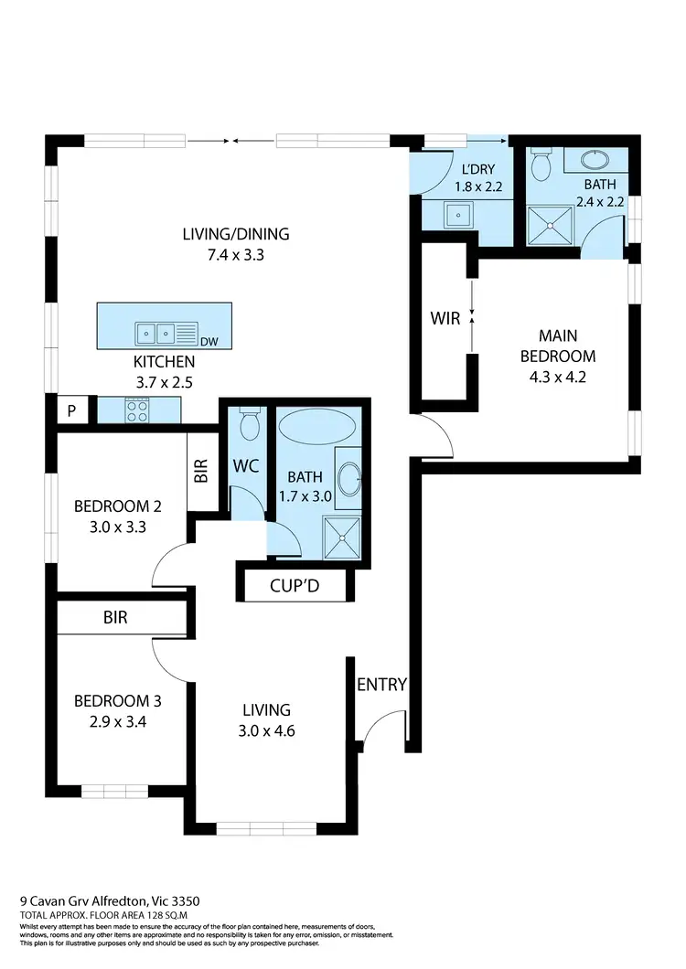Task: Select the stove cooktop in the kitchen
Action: tap(137, 411)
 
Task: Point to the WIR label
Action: tap(445, 319)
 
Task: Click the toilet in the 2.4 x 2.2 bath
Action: tap(541, 165)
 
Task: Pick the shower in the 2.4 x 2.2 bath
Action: tap(552, 225)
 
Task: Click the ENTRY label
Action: tap(381, 685)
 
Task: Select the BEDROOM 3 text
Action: tap(118, 701)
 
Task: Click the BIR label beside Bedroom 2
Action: tap(201, 471)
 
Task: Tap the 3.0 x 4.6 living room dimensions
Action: tap(266, 730)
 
